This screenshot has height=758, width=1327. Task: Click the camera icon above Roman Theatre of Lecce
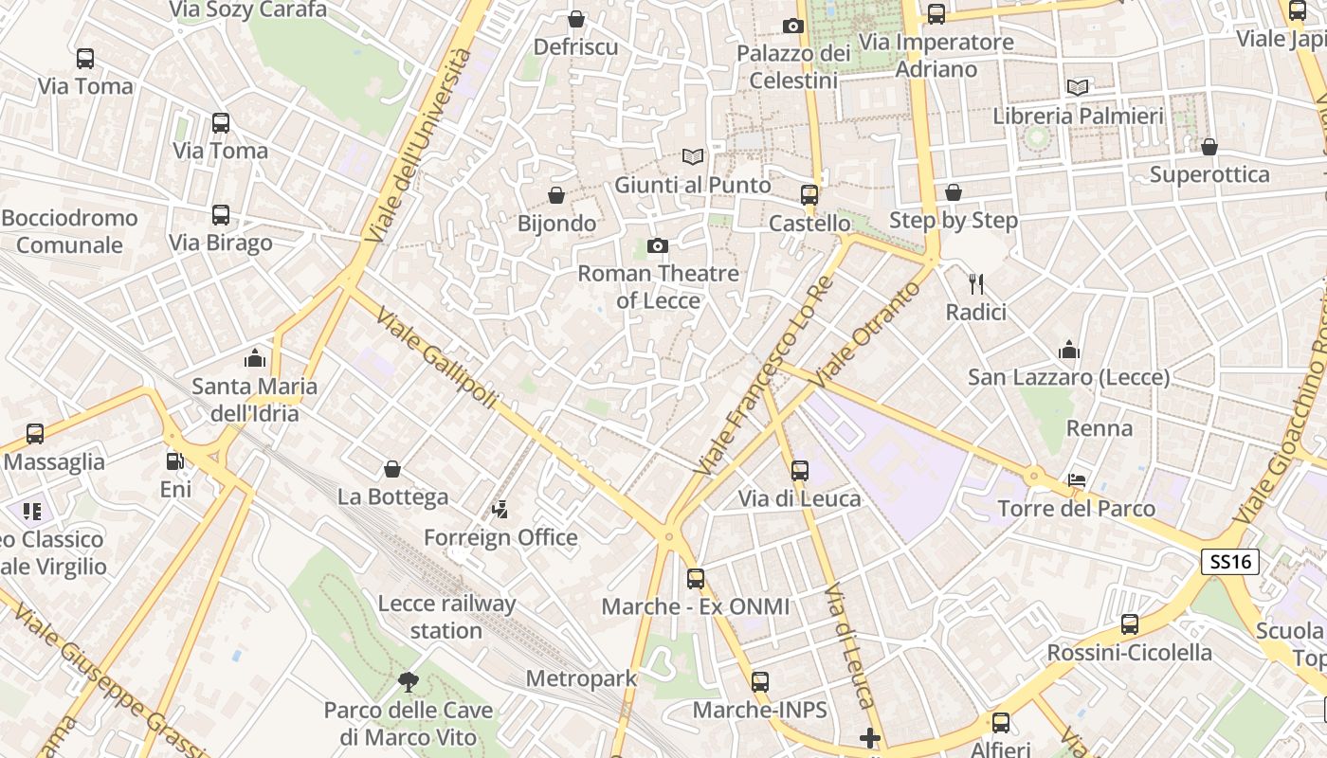coord(657,246)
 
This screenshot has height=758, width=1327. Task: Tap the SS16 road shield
coord(1230,562)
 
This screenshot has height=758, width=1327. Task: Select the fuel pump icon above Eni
coord(174,461)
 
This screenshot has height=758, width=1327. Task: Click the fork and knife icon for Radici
coord(976,283)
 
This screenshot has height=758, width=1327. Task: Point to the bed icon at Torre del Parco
coord(1077,479)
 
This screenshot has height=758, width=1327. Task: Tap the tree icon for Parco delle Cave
coord(409,680)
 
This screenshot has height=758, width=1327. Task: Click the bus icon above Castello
coord(809,195)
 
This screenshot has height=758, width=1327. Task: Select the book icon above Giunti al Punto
coord(693,156)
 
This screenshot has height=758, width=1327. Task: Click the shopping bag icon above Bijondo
coord(556,195)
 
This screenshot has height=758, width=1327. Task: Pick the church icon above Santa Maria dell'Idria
coord(254,358)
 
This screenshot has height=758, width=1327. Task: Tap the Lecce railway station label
coord(446,617)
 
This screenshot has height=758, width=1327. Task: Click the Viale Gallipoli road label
coord(437,358)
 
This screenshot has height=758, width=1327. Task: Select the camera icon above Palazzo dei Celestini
coord(793,26)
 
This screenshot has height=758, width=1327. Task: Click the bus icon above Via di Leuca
coord(800,470)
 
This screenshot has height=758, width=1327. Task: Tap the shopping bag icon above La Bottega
coord(392,469)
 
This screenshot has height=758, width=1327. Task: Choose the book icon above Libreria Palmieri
coord(1078,87)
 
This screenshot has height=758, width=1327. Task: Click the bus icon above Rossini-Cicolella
coord(1129,624)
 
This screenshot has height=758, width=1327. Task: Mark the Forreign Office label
coord(500,537)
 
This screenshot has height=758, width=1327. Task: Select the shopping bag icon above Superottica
coord(1209,147)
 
